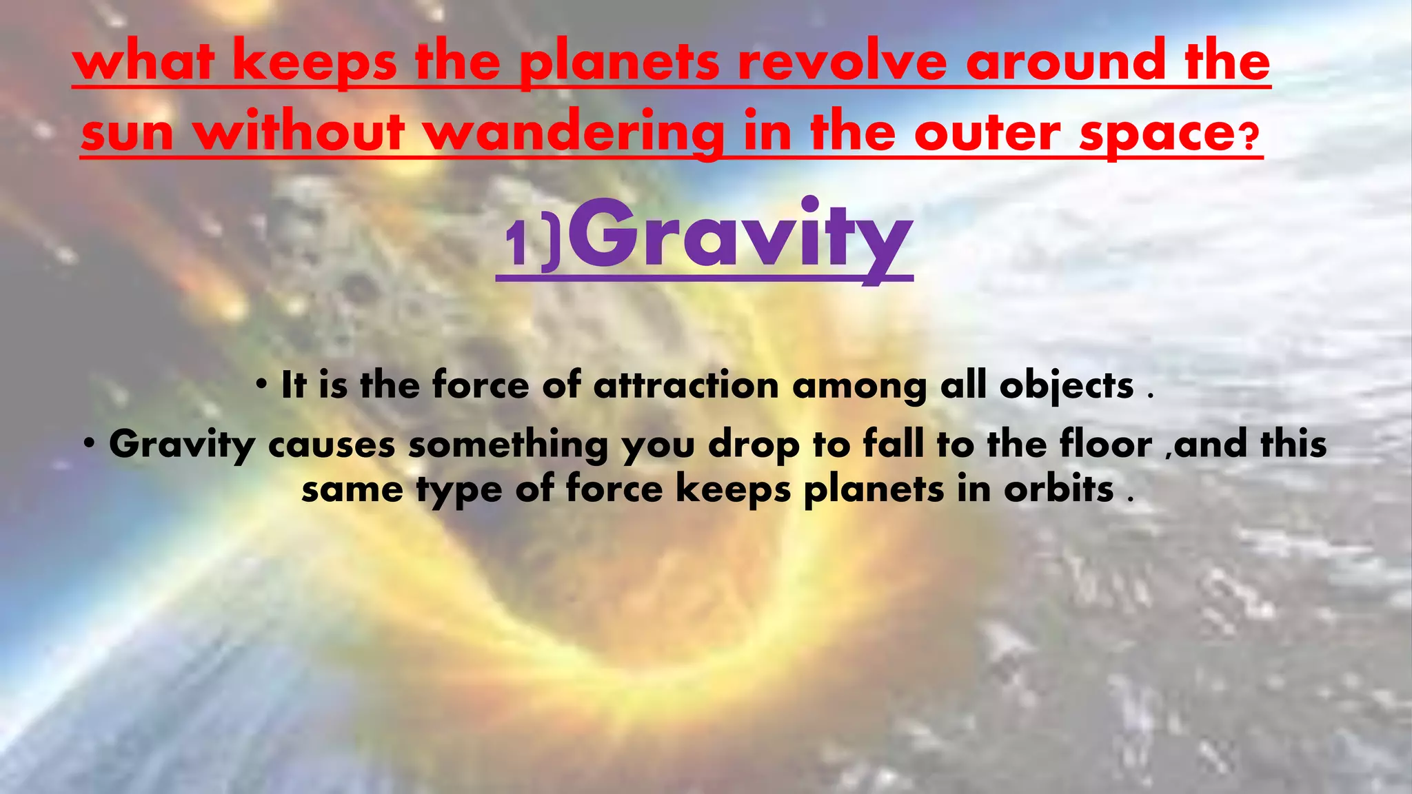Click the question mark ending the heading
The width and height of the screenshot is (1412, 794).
(x=1250, y=138)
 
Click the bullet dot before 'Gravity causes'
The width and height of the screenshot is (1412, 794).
(x=89, y=442)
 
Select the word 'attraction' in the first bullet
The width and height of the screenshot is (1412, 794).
(x=686, y=385)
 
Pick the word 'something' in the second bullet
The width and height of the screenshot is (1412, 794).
(x=508, y=445)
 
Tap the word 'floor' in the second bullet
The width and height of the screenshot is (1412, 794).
(x=1106, y=444)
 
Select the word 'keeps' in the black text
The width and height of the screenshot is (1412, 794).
(x=732, y=491)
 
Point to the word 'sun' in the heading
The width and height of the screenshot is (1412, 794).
(x=128, y=134)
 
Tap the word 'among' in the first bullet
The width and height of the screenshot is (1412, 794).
(x=859, y=387)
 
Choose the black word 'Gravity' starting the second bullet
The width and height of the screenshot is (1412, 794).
(x=182, y=445)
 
